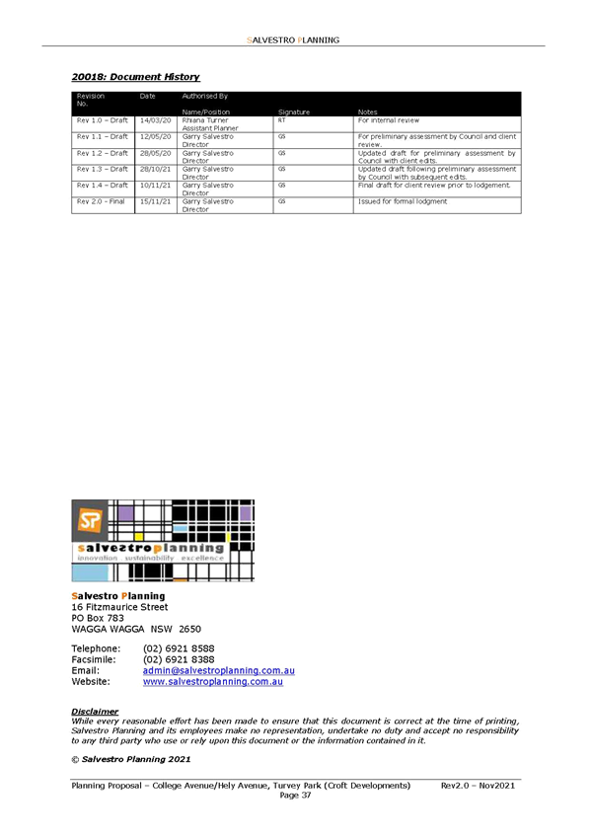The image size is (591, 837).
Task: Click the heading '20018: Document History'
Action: tap(135, 77)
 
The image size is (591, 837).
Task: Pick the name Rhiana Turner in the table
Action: tap(205, 120)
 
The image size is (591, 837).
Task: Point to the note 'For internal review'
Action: tap(389, 120)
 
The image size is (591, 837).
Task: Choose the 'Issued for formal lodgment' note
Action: tap(403, 201)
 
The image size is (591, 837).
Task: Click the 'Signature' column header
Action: tap(294, 113)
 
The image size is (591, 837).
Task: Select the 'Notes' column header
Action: tap(367, 113)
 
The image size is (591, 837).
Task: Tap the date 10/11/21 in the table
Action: tap(155, 186)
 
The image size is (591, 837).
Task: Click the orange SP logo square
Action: tap(90, 520)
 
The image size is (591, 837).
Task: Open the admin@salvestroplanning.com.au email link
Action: tap(219, 670)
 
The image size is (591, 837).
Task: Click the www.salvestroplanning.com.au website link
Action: tap(213, 682)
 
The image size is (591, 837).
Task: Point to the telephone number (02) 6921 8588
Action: tap(179, 648)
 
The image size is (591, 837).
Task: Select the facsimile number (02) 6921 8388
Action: tap(179, 659)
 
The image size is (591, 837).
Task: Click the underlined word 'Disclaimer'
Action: tap(95, 712)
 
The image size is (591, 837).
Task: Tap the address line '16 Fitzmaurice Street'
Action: tap(119, 607)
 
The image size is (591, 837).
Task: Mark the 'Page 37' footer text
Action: tap(296, 796)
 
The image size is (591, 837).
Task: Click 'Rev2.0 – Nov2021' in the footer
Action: tap(478, 786)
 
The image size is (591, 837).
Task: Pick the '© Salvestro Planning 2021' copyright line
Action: tap(130, 759)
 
